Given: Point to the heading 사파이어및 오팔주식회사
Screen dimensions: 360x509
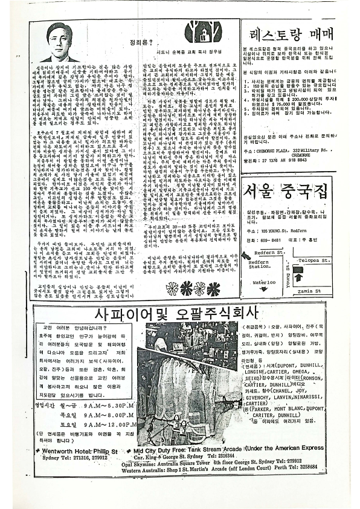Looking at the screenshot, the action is tap(177, 314).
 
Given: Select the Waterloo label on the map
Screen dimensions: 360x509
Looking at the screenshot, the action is tap(264, 282).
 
